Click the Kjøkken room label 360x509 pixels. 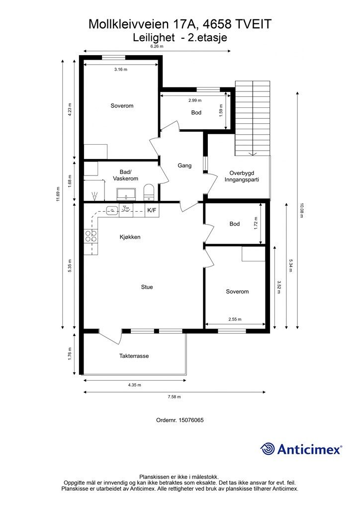[130, 237]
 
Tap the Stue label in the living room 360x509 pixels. [147, 287]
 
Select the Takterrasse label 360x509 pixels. [134, 356]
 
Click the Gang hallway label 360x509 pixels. [184, 166]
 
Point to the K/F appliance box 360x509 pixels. [151, 210]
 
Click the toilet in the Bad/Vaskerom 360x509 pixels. [149, 191]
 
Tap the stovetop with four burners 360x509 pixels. [91, 236]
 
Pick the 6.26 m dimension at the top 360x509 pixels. [157, 46]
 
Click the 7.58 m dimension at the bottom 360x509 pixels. [175, 397]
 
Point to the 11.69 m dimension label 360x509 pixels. [58, 194]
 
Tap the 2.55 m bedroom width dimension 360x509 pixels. [235, 320]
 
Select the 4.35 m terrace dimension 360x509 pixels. [134, 385]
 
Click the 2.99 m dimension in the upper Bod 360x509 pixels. [195, 100]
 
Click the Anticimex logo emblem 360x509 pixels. [268, 449]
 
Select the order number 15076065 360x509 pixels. [180, 420]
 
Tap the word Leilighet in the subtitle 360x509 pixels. [154, 36]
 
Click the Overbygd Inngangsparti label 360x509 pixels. [242, 176]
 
